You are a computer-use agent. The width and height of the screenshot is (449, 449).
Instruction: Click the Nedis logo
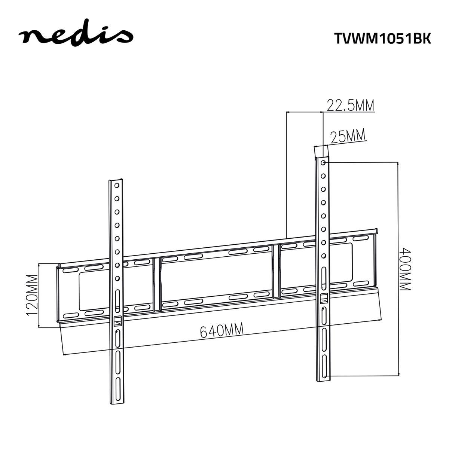(76, 35)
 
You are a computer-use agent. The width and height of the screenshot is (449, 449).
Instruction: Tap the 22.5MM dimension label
(350, 106)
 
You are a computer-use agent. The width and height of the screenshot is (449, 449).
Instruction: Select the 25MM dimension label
(348, 137)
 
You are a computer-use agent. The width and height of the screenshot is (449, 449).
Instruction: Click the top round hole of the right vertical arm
(323, 163)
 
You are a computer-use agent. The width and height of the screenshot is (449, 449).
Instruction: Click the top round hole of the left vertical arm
(117, 185)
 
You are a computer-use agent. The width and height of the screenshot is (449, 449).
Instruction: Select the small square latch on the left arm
(117, 320)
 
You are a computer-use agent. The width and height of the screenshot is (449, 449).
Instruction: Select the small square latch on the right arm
(324, 298)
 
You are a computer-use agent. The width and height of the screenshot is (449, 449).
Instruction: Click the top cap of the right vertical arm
(321, 152)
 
